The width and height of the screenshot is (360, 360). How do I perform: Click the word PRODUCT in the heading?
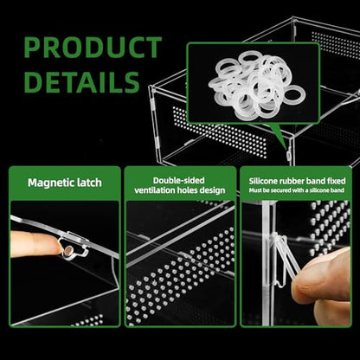click(93, 48)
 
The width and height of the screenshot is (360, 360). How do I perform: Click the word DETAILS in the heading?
click(82, 82)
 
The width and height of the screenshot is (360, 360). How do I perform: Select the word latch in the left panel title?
click(89, 183)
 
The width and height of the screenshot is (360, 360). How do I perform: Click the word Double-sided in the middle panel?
click(179, 181)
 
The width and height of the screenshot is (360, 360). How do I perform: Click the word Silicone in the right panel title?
click(261, 181)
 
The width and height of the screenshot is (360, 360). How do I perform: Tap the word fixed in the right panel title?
click(336, 181)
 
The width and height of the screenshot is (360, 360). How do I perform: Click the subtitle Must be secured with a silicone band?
click(297, 190)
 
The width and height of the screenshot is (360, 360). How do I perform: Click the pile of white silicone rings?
click(257, 86)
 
